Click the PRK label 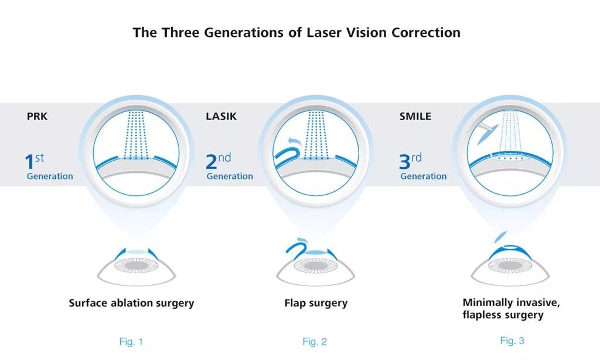(37, 116)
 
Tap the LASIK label (221, 116)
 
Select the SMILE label (415, 116)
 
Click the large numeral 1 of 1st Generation (29, 162)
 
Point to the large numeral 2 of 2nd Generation (212, 162)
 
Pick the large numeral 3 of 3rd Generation (406, 162)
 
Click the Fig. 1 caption (131, 341)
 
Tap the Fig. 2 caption (315, 341)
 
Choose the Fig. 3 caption (512, 340)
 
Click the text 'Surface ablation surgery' (131, 303)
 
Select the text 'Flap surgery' (316, 303)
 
